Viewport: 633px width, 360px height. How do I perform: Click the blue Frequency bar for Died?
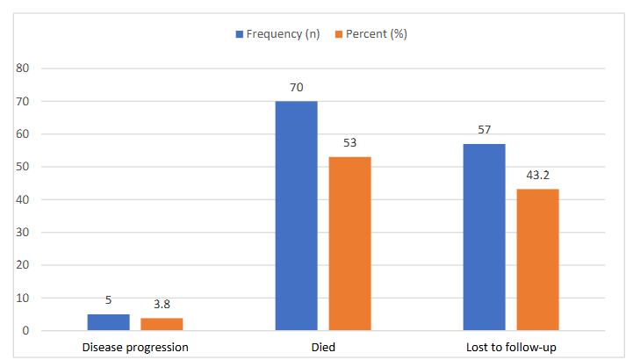[x=297, y=215]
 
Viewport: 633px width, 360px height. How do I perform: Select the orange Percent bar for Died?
[x=350, y=243]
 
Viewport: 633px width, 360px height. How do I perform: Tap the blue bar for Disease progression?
[x=109, y=322]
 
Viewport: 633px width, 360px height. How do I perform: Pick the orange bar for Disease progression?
[x=162, y=324]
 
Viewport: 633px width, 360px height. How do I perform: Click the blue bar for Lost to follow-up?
[x=485, y=237]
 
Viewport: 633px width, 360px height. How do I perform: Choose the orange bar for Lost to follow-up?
[x=537, y=260]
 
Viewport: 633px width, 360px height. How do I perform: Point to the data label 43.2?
[x=537, y=175]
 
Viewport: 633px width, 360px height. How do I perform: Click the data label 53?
[x=350, y=143]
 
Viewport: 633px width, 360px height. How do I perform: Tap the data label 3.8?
[x=162, y=305]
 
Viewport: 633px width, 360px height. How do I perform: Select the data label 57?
[x=485, y=130]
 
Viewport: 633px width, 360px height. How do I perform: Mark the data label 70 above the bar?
[x=297, y=88]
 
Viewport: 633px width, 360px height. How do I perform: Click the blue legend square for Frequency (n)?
[x=240, y=34]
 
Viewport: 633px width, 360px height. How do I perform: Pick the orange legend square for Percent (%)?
[x=339, y=34]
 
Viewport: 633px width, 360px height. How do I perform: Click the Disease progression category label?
[x=135, y=348]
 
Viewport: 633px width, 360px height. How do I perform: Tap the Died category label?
[x=323, y=348]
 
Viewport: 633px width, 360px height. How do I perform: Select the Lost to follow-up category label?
[x=511, y=348]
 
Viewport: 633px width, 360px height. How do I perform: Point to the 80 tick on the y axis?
[x=23, y=68]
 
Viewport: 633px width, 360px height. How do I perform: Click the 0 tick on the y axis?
[x=25, y=331]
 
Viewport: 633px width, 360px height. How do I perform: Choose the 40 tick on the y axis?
[x=23, y=200]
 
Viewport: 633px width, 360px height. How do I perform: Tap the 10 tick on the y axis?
[x=23, y=299]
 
